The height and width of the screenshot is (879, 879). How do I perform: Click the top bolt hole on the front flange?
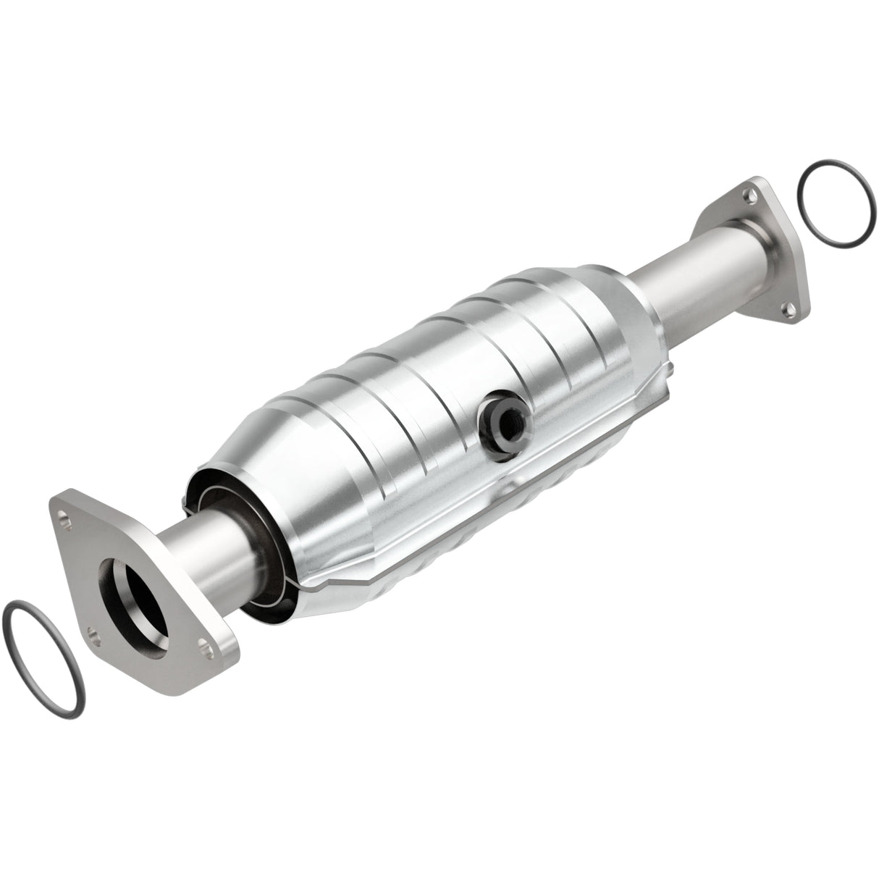pos(67,518)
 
